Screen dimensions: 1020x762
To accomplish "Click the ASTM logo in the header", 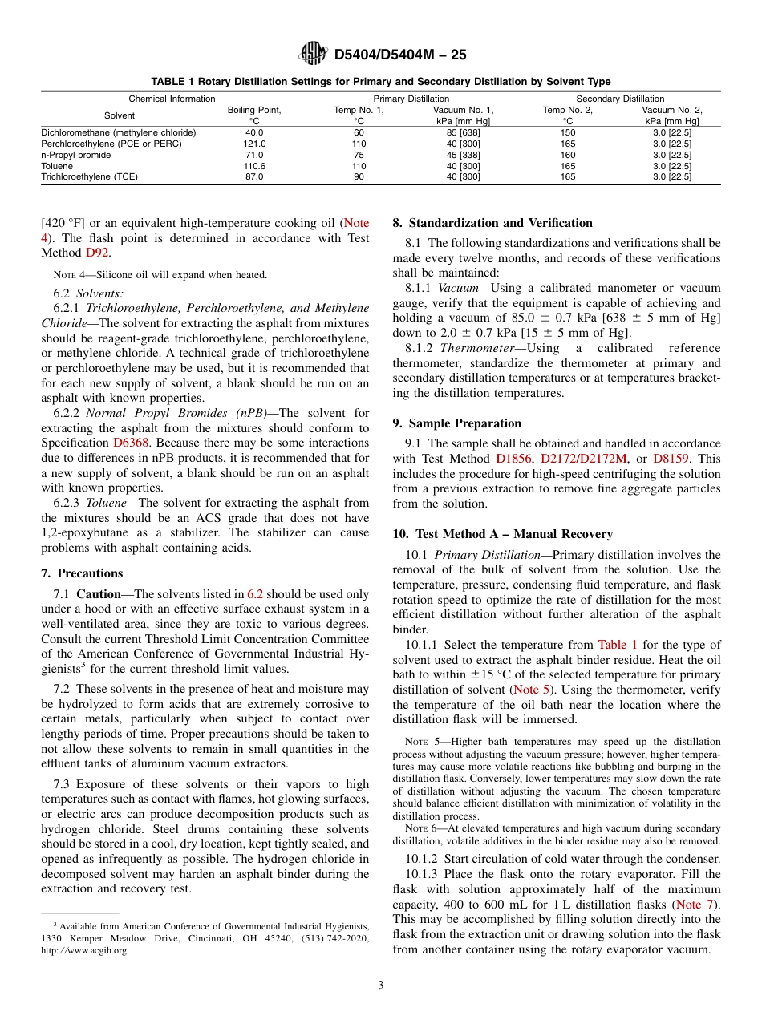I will coord(312,54).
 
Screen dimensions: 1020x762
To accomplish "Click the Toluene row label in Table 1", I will coord(57,166).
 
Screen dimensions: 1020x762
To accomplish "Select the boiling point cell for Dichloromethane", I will coord(254,132).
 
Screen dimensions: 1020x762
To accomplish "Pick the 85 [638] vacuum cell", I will coord(463,132).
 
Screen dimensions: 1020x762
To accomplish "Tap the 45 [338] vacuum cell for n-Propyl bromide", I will coord(463,155).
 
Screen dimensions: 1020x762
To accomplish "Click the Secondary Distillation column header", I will coord(621,99).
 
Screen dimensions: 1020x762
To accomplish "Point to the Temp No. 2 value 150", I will coord(567,132).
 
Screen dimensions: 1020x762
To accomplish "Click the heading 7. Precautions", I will coord(82,573).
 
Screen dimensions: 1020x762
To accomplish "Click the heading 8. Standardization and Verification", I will coord(492,223).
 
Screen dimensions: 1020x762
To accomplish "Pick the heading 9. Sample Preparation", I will coord(456,423).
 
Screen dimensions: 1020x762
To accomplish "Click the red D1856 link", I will coord(513,459).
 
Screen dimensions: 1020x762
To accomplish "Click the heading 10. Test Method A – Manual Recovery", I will coord(502,534).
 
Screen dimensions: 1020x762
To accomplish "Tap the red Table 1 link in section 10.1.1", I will coord(618,645).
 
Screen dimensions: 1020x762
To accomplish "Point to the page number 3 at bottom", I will coord(381,986).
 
